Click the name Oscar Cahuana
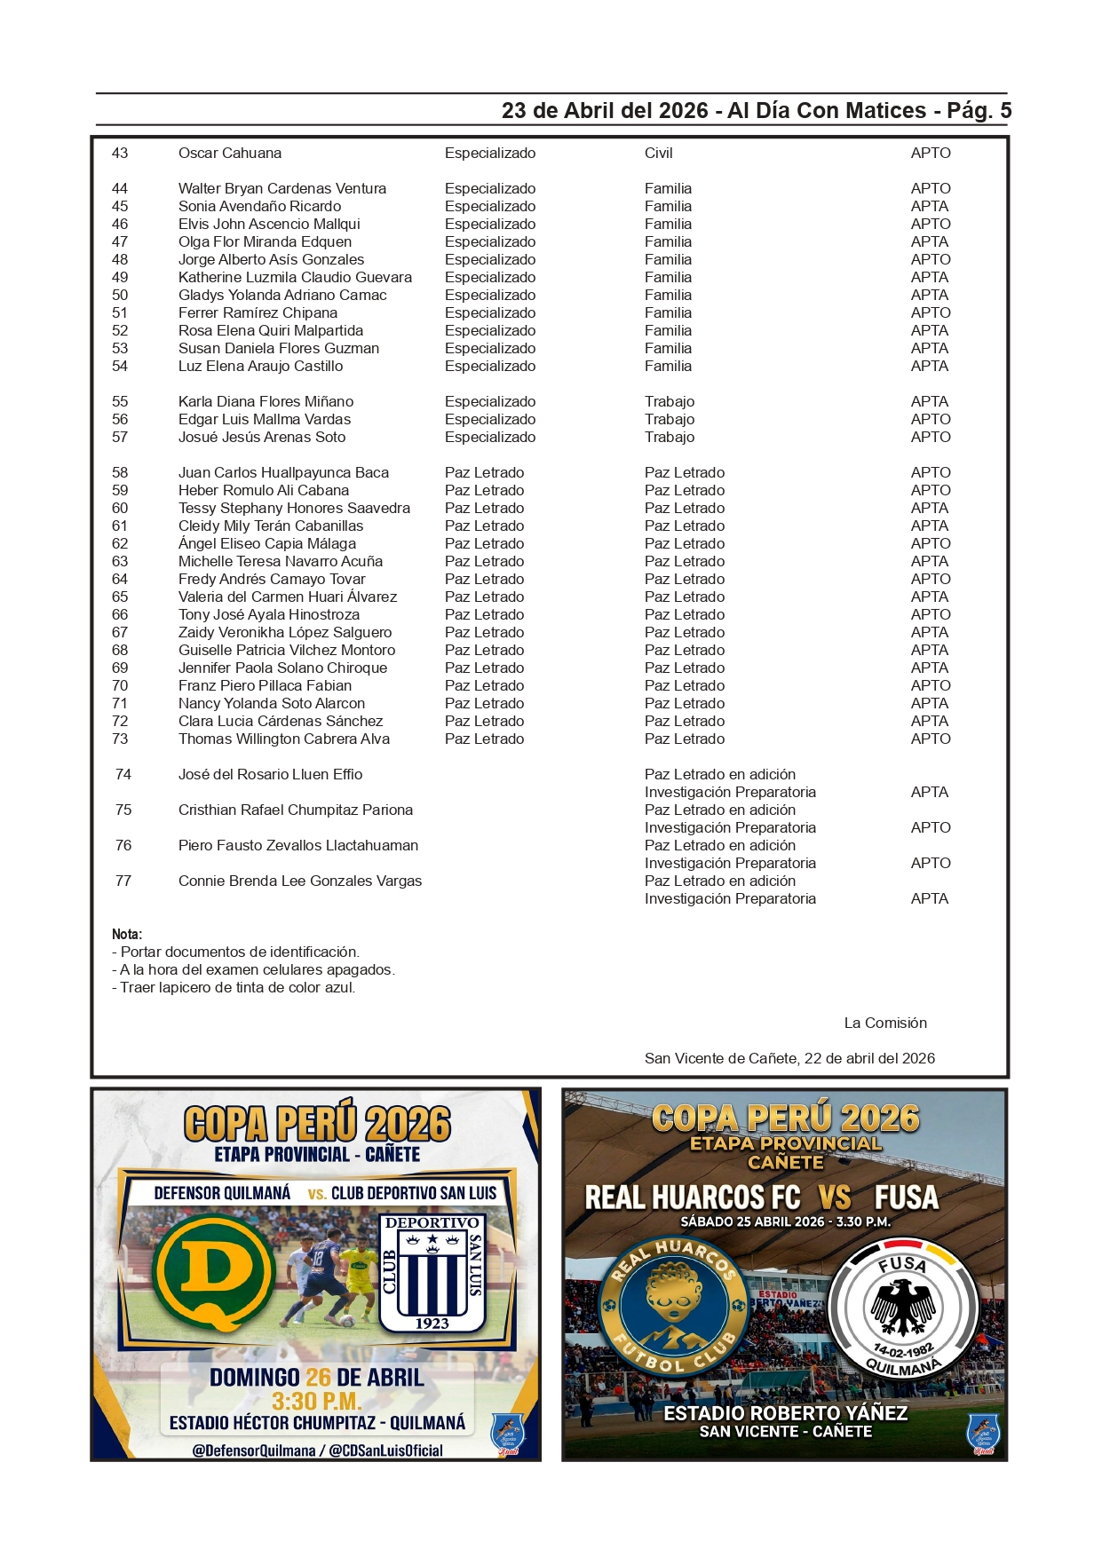(x=230, y=153)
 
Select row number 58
(x=120, y=472)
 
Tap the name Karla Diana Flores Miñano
(x=266, y=401)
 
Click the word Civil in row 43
(x=658, y=153)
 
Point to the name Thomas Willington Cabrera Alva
(x=283, y=739)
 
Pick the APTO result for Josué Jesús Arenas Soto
(x=930, y=437)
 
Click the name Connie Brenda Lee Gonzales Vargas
(x=299, y=881)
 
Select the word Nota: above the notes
(x=127, y=934)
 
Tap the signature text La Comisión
(x=884, y=1023)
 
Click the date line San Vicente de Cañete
(x=789, y=1058)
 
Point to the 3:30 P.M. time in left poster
(x=316, y=1401)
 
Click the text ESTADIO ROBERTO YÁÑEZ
(x=785, y=1412)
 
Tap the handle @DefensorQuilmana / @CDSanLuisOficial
(x=317, y=1450)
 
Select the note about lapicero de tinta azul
(x=234, y=987)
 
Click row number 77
(x=123, y=881)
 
